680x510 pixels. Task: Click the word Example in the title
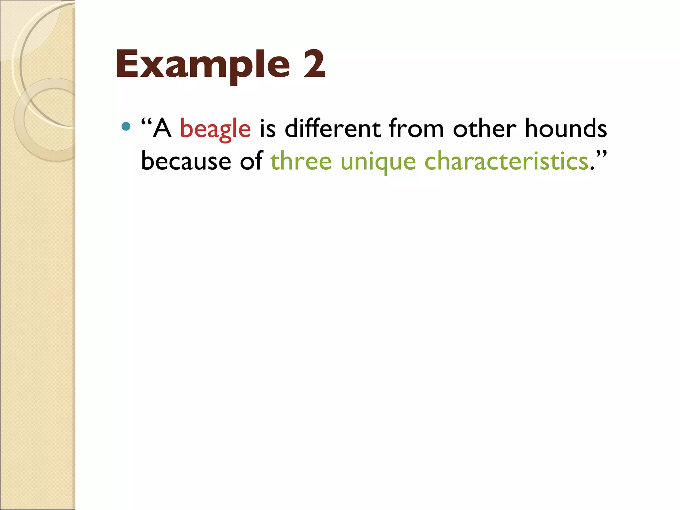click(x=203, y=65)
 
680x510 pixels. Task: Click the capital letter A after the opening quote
click(x=162, y=129)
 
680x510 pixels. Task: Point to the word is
click(x=268, y=129)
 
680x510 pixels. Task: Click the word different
click(x=332, y=129)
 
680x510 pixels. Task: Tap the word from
click(x=416, y=129)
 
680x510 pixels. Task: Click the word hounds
click(x=566, y=129)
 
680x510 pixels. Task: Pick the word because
click(x=186, y=161)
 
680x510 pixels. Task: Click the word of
click(x=251, y=161)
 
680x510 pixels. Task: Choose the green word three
click(x=301, y=161)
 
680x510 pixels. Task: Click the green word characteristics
click(x=506, y=161)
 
